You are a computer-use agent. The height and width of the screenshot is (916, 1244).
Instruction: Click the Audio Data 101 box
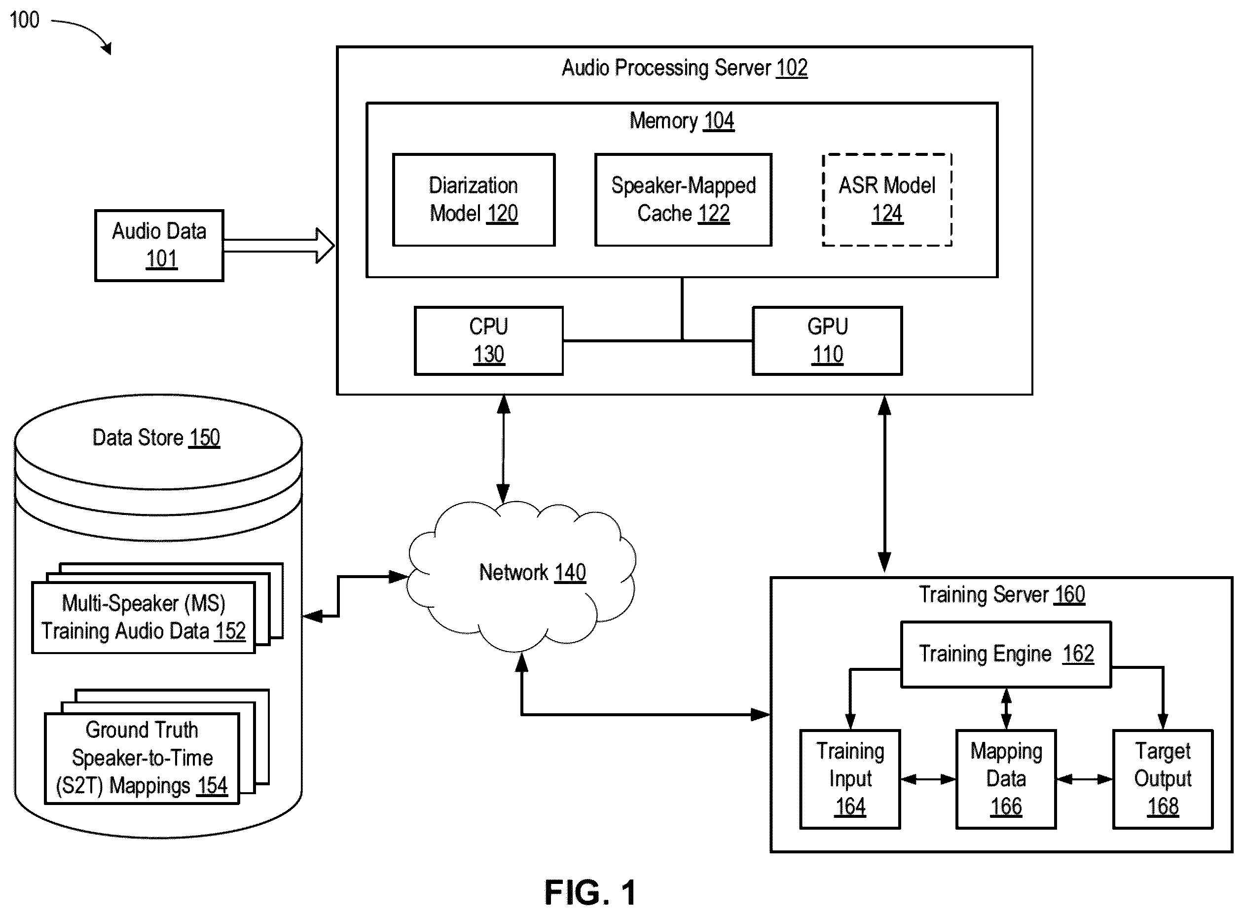pos(159,245)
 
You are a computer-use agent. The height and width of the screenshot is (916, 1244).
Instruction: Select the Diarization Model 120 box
pos(474,200)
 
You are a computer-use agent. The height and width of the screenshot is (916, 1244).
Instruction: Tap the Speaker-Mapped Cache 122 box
pos(683,200)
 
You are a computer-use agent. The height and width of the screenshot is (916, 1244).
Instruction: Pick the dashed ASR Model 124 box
pos(887,200)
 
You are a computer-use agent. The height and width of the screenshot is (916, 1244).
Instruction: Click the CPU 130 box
pos(488,340)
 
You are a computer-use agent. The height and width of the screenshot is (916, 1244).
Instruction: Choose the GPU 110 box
pos(827,340)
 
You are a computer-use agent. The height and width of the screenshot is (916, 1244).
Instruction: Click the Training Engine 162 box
pos(1006,654)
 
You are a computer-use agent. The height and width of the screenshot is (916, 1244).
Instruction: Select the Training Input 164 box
pos(850,779)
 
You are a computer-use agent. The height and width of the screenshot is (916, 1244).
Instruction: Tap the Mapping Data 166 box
pos(1006,779)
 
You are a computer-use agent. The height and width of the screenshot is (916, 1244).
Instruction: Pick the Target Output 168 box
pos(1163,779)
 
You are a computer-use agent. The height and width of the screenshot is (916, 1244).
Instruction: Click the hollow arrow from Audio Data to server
pos(279,245)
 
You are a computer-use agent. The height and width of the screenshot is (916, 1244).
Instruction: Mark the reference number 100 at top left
pos(24,20)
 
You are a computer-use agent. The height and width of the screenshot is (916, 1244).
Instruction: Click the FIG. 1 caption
pos(590,892)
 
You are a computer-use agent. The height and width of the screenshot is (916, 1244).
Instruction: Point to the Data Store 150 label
pos(156,438)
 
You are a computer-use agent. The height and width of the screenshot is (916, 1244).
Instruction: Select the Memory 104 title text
pos(681,120)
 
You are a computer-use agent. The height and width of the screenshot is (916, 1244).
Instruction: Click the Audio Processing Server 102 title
pos(684,68)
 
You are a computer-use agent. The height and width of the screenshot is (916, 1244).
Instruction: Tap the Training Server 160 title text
pos(1002,594)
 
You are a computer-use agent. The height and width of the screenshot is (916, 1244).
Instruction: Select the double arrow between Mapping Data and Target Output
pos(1084,779)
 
